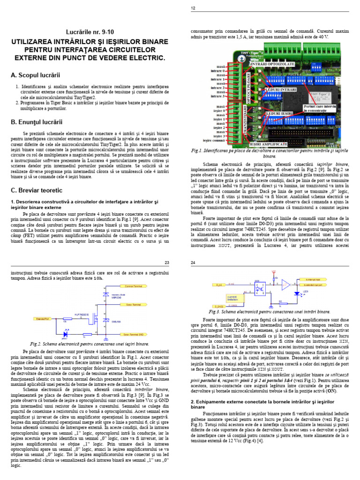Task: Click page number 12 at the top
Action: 193,8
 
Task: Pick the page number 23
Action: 167,262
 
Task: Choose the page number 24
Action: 193,262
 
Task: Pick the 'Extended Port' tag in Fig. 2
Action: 43,317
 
